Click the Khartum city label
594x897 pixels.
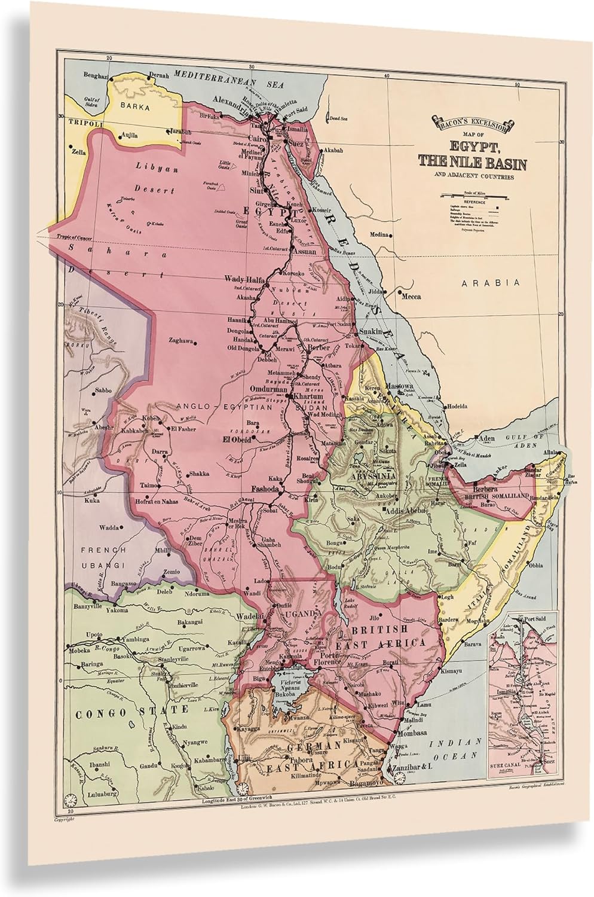point(308,396)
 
